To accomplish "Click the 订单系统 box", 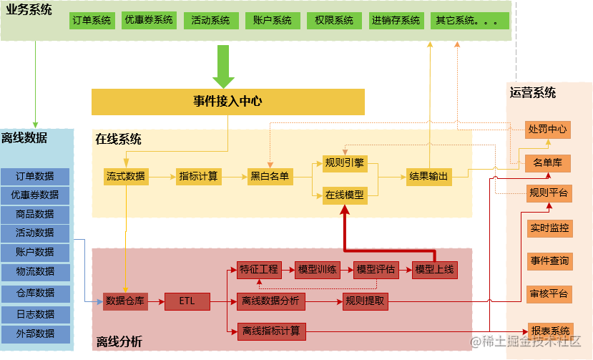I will click(92, 20).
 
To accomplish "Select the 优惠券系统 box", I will click(149, 20).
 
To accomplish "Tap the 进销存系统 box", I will click(396, 20).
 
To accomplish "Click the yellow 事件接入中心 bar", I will click(227, 101).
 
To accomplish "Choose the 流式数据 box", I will click(125, 176).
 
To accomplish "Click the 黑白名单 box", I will click(270, 176).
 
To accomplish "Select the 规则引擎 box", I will click(344, 162).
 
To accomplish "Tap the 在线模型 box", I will click(344, 194).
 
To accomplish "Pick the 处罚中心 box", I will click(547, 130).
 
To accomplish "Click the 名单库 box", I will click(547, 163).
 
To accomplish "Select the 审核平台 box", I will click(549, 293).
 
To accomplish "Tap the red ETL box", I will click(187, 301).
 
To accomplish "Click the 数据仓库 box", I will click(125, 301).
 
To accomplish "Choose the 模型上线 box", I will click(434, 270).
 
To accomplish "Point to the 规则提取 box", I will click(364, 301).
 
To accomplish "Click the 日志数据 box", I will click(35, 314).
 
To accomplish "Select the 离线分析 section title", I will click(119, 342).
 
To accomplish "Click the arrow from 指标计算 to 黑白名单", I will click(233, 176).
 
